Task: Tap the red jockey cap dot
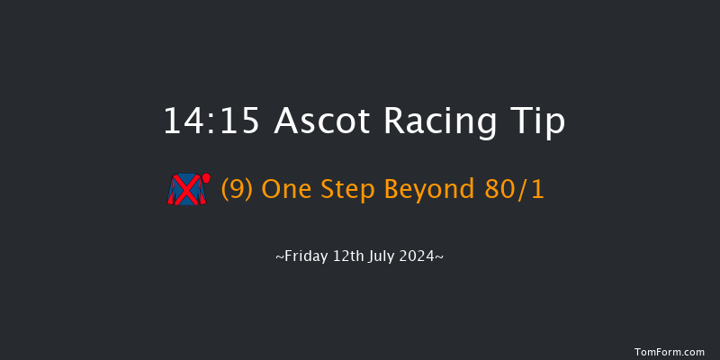click(x=206, y=177)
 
